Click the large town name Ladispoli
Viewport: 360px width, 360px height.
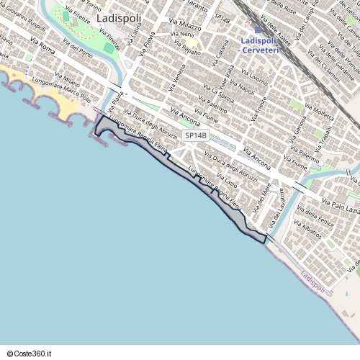118,16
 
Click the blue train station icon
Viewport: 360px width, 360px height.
258,30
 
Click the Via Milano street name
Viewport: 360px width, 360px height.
67,79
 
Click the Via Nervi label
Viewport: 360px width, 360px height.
183,35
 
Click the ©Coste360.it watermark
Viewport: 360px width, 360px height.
30,354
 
